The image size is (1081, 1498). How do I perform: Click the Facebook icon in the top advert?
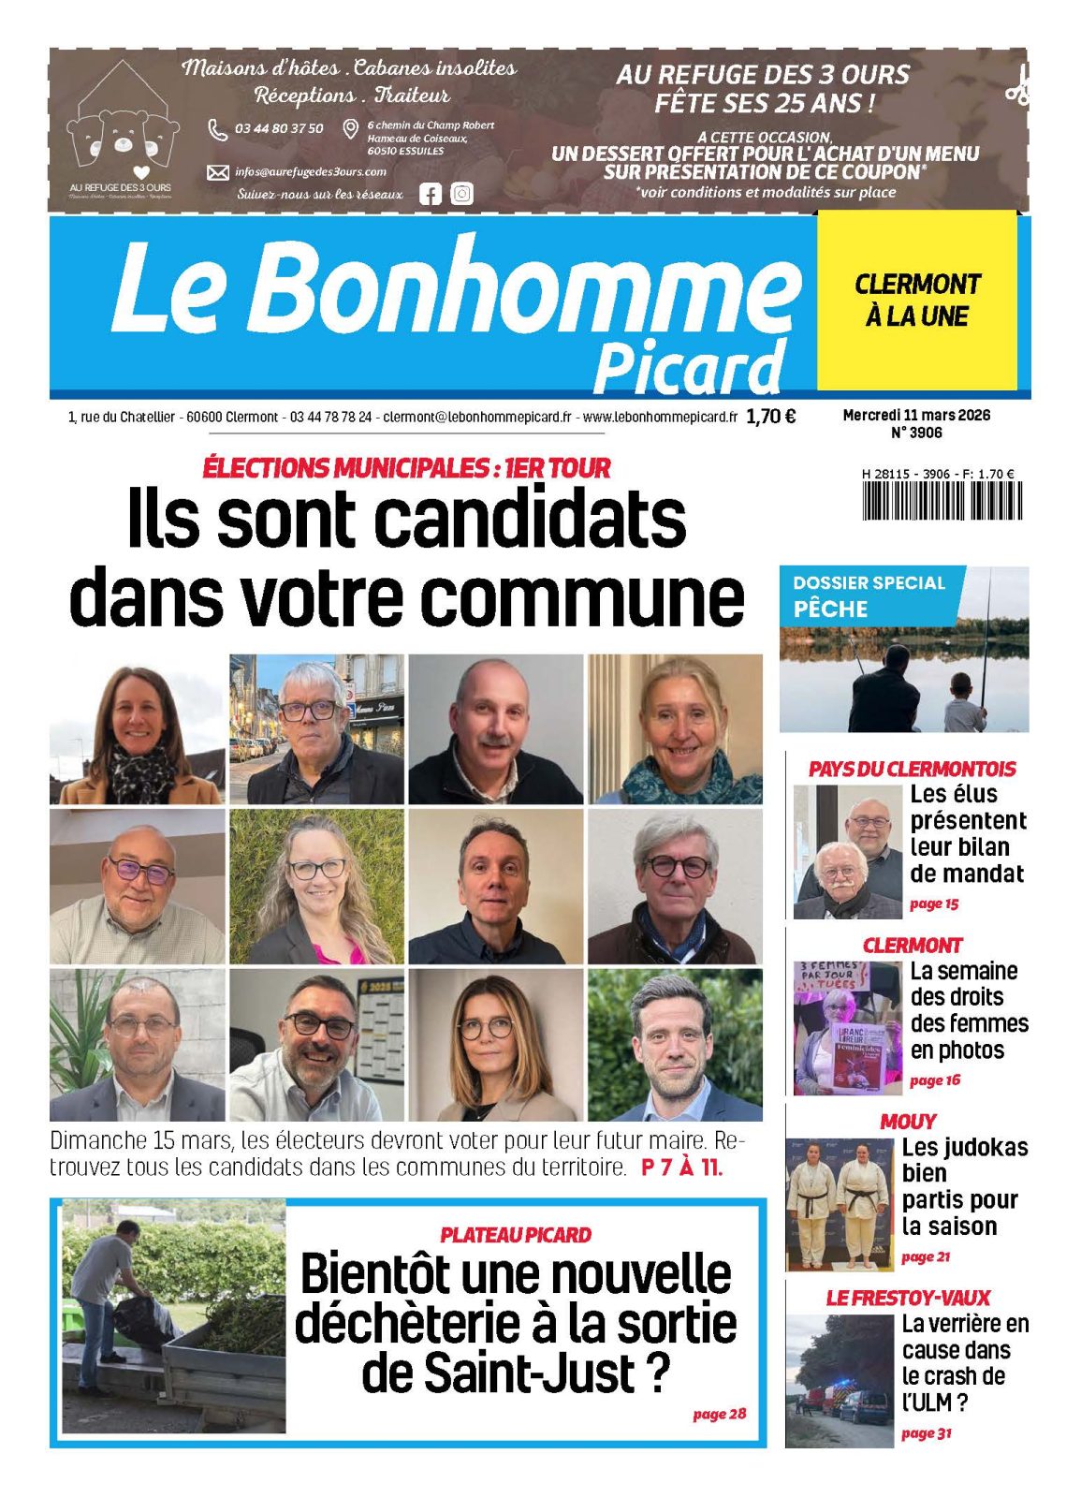tap(430, 194)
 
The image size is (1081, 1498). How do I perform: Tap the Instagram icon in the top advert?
tap(461, 194)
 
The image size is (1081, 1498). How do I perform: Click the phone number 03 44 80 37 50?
tap(279, 128)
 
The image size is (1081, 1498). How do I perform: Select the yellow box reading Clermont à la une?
tap(916, 300)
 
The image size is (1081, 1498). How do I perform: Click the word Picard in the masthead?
tap(689, 367)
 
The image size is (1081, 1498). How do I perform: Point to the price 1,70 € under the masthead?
tap(771, 417)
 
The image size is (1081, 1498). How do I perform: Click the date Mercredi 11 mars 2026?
tap(915, 415)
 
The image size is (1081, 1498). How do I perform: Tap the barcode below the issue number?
tap(942, 501)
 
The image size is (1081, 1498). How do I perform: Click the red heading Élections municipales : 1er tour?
tap(406, 467)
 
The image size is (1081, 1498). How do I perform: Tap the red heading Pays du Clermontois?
tap(912, 769)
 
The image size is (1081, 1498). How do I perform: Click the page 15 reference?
tap(933, 903)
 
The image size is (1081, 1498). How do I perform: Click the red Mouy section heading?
tap(907, 1121)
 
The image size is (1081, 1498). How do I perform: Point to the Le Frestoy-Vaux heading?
tap(907, 1298)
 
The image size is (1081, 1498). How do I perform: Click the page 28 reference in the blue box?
tap(719, 1413)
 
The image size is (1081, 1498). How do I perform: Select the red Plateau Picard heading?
tap(515, 1235)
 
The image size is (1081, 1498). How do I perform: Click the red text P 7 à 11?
tap(681, 1168)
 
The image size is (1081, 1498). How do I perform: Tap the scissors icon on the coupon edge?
tap(1017, 85)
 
